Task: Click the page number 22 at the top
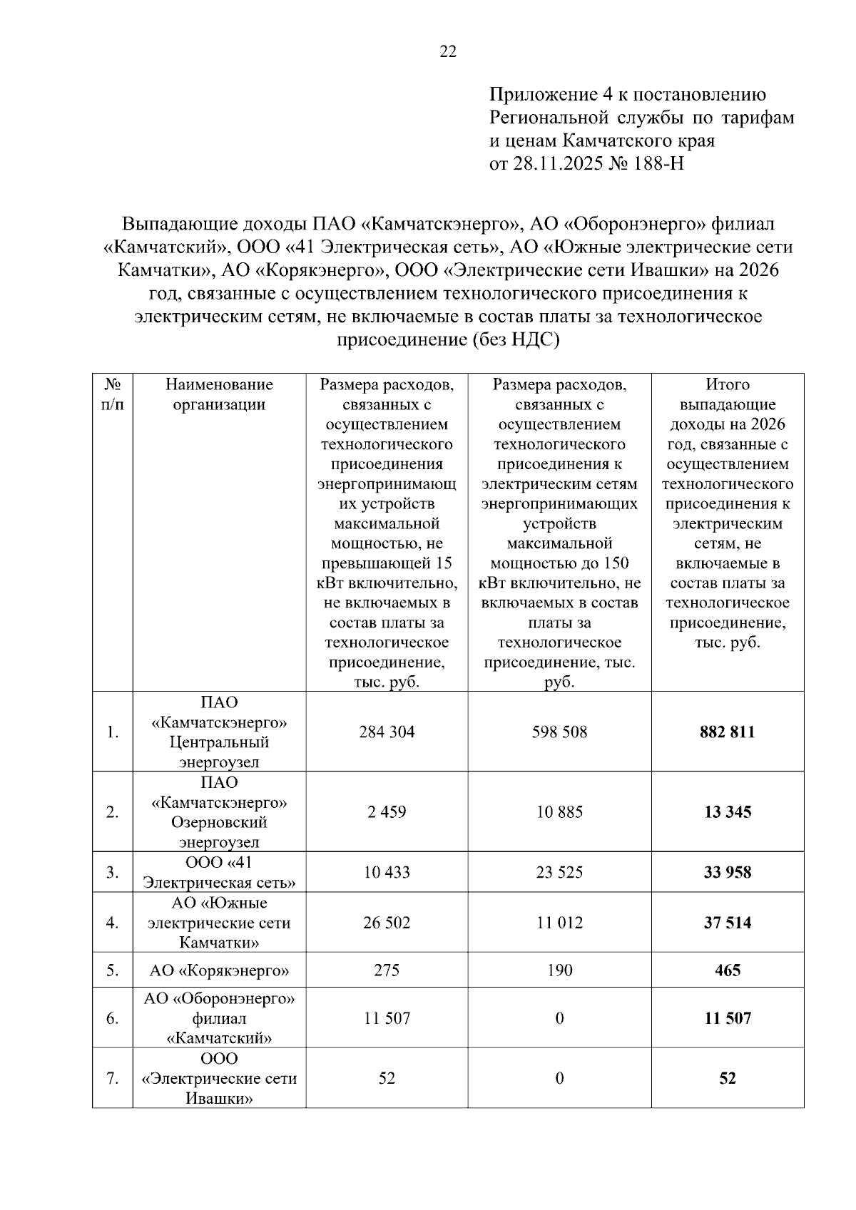pyautogui.click(x=448, y=52)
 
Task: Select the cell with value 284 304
pyautogui.click(x=387, y=732)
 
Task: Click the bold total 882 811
pyautogui.click(x=727, y=732)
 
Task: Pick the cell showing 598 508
pyautogui.click(x=559, y=732)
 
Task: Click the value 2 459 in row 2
pyautogui.click(x=387, y=812)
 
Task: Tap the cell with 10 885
pyautogui.click(x=559, y=812)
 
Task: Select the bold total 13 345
pyautogui.click(x=727, y=812)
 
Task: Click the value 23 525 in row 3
pyautogui.click(x=559, y=873)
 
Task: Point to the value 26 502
pyautogui.click(x=387, y=923)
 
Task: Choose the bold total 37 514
pyautogui.click(x=727, y=923)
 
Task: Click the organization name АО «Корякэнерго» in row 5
pyautogui.click(x=219, y=971)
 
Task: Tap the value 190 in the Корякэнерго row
pyautogui.click(x=559, y=971)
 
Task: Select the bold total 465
pyautogui.click(x=727, y=971)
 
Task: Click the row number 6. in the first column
pyautogui.click(x=112, y=1019)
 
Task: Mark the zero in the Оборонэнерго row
pyautogui.click(x=559, y=1019)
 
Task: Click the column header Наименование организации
pyautogui.click(x=219, y=395)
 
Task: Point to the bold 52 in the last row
pyautogui.click(x=727, y=1079)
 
